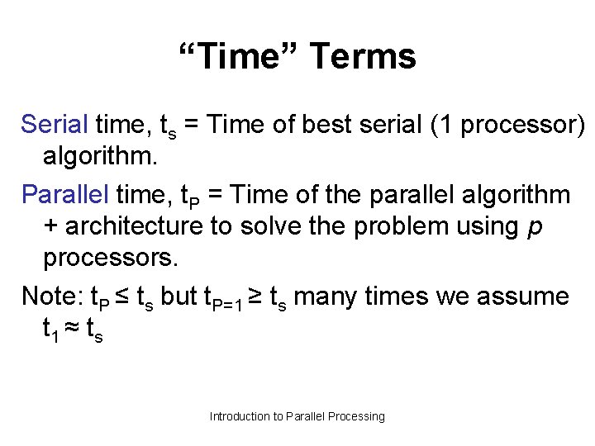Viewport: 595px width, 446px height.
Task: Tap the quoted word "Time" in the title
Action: pyautogui.click(x=240, y=57)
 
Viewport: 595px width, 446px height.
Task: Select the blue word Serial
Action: pyautogui.click(x=55, y=125)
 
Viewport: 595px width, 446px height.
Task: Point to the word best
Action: pyautogui.click(x=329, y=125)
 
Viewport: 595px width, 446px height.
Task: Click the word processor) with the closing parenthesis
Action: pyautogui.click(x=523, y=125)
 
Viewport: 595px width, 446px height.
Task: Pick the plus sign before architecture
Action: pyautogui.click(x=50, y=226)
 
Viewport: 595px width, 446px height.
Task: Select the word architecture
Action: pyautogui.click(x=133, y=226)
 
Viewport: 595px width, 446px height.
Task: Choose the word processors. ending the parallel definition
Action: pyautogui.click(x=110, y=258)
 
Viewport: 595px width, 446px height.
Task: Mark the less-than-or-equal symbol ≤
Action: pyautogui.click(x=121, y=296)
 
